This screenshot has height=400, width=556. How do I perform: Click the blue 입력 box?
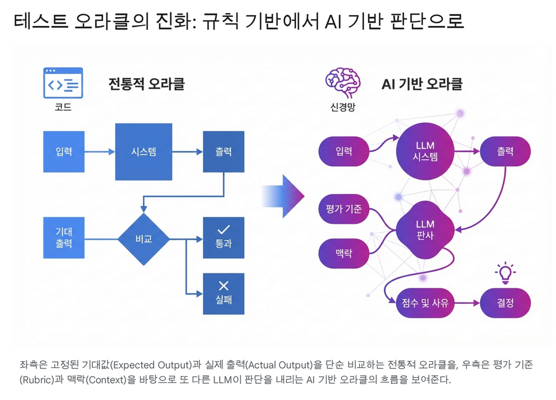64,152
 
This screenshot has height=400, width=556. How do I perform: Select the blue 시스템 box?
144,152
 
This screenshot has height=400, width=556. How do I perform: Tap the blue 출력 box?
223,152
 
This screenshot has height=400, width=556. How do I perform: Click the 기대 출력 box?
64,238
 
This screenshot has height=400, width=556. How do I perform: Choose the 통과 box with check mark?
223,237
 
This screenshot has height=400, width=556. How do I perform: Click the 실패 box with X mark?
223,293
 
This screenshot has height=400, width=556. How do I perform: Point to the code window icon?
63,83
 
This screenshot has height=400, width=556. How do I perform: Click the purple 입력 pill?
344,152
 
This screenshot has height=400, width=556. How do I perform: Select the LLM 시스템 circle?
425,151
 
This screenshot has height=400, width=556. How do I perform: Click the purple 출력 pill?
505,152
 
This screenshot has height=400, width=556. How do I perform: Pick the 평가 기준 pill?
344,208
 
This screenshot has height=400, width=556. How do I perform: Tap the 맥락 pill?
344,253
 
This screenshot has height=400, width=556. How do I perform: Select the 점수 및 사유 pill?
425,303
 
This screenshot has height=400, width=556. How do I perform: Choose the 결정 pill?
505,303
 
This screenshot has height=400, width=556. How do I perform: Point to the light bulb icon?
505,273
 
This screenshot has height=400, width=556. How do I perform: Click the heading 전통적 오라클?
147,84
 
